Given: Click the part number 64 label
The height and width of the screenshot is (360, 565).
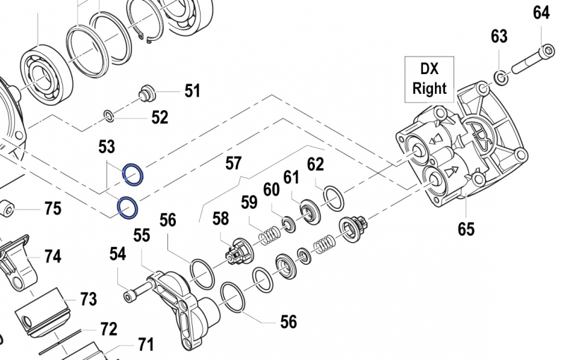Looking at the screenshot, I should click(x=541, y=13).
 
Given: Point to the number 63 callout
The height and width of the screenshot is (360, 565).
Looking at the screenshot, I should click(x=499, y=36).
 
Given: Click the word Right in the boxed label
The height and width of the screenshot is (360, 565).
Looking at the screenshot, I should click(x=429, y=88).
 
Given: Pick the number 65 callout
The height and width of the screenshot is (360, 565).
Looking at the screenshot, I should click(x=465, y=228).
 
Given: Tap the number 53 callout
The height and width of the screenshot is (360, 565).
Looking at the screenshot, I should click(x=107, y=147).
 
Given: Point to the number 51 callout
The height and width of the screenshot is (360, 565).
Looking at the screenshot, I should click(x=192, y=90).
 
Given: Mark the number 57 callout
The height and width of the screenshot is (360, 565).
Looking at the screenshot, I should click(x=234, y=164).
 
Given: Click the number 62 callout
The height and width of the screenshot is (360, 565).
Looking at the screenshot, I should click(x=315, y=164).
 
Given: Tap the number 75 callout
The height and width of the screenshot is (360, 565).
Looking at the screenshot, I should click(x=53, y=208).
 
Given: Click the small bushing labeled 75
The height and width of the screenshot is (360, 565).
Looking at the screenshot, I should click(x=8, y=209).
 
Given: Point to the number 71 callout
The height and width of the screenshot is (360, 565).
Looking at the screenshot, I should click(x=145, y=344).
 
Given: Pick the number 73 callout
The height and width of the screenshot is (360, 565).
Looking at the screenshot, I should click(x=88, y=299).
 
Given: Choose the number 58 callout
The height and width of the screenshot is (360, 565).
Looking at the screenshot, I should click(x=221, y=219).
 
